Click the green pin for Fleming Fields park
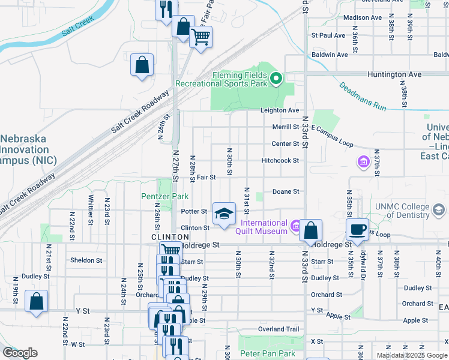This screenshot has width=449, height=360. [x=276, y=78]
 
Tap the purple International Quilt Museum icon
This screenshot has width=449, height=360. [x=295, y=226]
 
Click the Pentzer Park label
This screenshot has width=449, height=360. [x=164, y=196]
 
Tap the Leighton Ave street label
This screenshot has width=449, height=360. [x=279, y=110]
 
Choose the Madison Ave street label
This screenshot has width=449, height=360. [x=363, y=17]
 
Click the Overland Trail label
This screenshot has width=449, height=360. [x=278, y=329]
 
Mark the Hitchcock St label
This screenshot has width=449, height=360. [x=280, y=161]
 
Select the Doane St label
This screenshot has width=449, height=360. [x=286, y=191]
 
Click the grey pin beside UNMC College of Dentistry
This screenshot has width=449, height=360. [x=439, y=209]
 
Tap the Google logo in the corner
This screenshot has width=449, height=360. [x=20, y=353]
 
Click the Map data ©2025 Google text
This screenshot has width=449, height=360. [x=412, y=355]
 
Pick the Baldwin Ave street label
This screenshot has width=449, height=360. [x=330, y=55]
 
